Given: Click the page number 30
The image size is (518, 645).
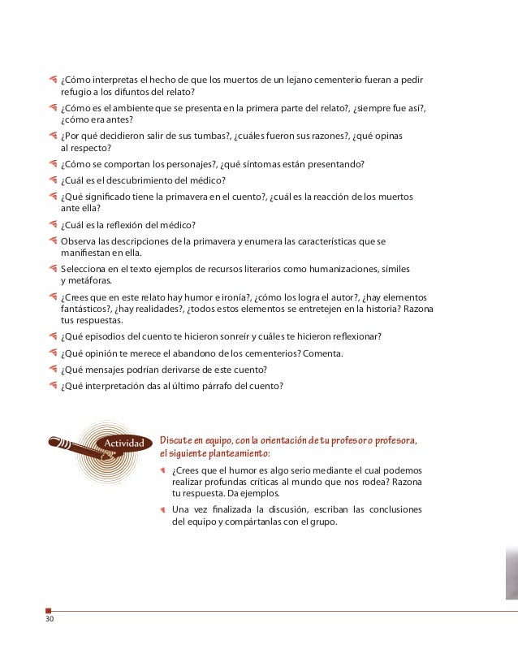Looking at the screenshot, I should tap(50, 621).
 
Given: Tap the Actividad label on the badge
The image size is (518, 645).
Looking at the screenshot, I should tap(126, 444).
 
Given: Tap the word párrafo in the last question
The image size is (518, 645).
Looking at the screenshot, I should tap(218, 385).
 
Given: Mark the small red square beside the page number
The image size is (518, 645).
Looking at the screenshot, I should tap(49, 610).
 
